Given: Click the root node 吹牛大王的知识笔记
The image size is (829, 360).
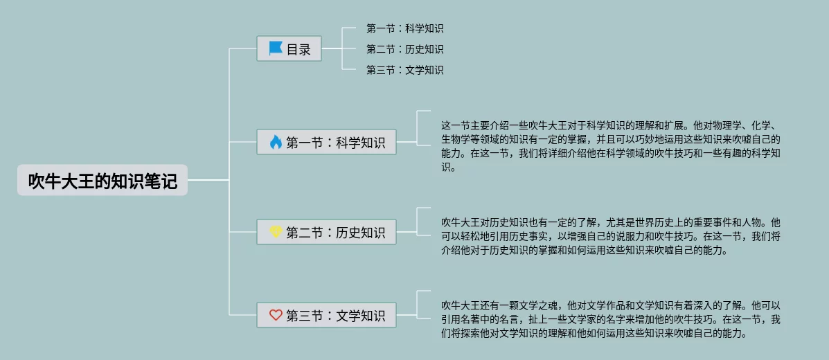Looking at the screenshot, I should (x=102, y=181).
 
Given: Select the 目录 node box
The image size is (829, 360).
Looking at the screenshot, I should (x=289, y=49).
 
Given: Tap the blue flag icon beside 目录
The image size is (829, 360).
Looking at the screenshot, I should (x=276, y=48).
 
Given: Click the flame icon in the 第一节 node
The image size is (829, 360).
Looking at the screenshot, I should (x=276, y=143).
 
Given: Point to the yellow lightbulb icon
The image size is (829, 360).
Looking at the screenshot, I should (x=276, y=232).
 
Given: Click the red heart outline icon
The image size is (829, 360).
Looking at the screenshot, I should (x=276, y=316).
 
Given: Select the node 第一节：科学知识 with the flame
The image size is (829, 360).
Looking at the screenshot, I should (x=327, y=143).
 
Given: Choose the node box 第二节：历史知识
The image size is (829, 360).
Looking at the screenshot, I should (x=327, y=232).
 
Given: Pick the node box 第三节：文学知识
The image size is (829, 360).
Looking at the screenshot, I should (x=327, y=316).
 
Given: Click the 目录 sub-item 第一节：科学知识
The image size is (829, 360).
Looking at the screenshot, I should (x=404, y=28).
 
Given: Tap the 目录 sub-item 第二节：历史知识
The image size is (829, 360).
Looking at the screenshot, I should (x=404, y=49).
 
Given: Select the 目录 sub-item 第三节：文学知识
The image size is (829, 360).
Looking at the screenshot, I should (x=404, y=70).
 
